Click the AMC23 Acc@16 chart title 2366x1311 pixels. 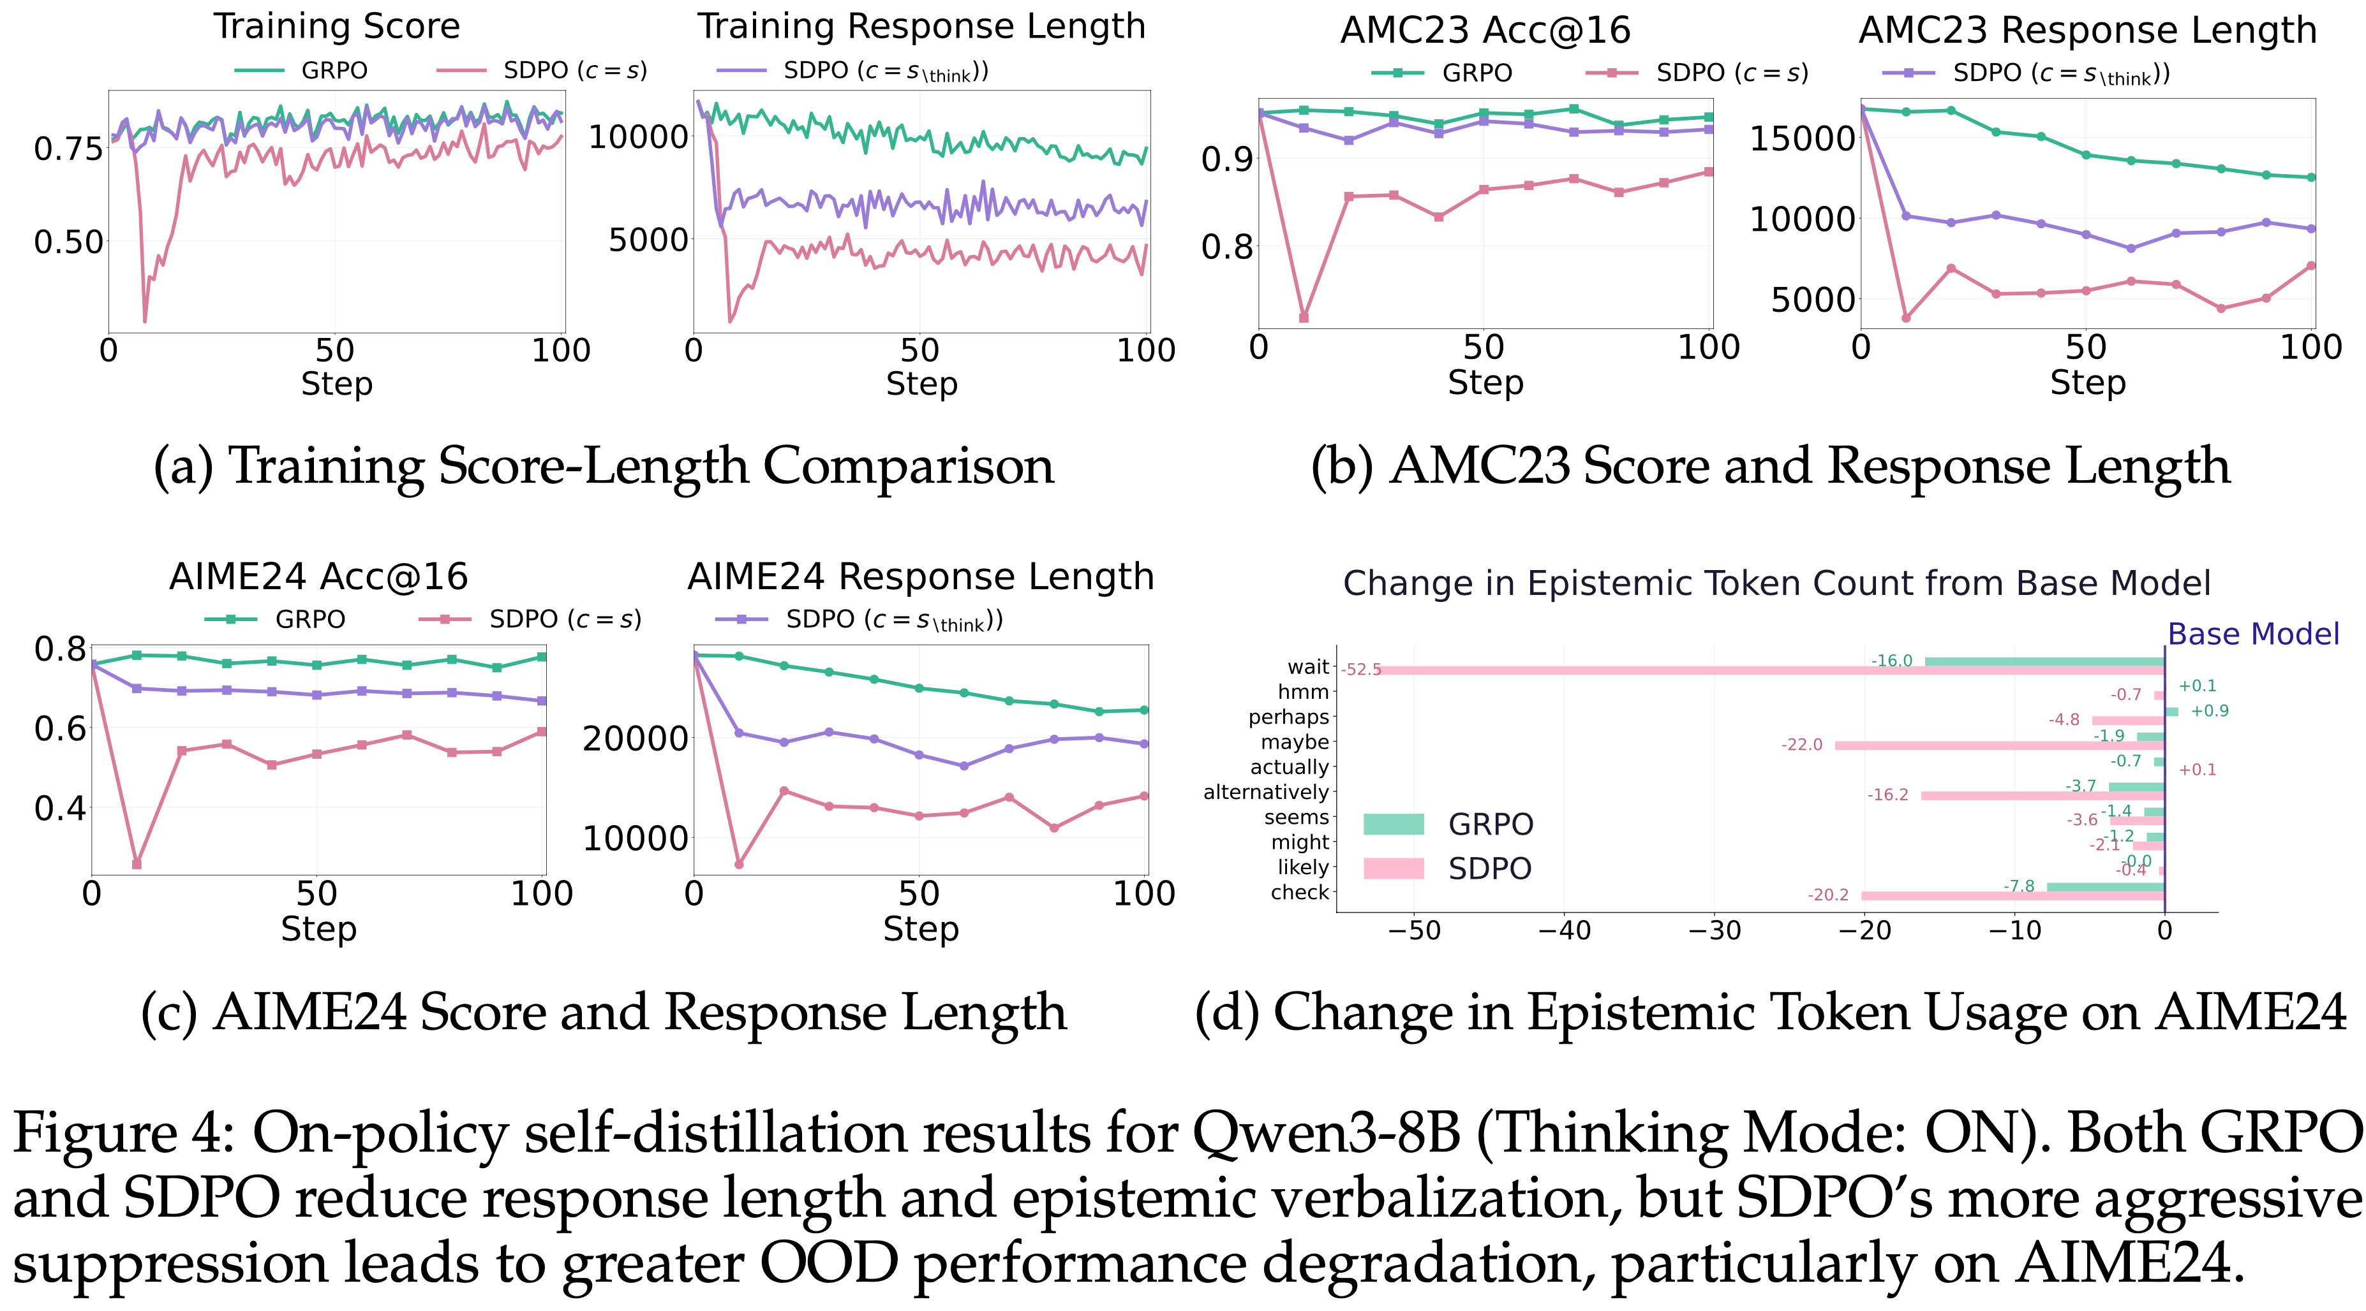[1485, 31]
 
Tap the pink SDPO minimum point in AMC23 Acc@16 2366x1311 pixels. [1304, 318]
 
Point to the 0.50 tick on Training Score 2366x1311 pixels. [69, 242]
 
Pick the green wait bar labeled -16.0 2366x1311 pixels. [2044, 662]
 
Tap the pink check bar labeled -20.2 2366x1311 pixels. [2013, 896]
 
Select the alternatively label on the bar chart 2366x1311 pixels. [1266, 793]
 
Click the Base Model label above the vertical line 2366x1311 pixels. [2253, 634]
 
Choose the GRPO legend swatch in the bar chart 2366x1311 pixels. [1394, 824]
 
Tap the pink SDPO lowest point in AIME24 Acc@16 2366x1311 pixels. [137, 864]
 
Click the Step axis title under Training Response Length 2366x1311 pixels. [921, 384]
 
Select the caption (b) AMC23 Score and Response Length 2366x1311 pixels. [1770, 466]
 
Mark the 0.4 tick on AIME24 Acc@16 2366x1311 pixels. [60, 809]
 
